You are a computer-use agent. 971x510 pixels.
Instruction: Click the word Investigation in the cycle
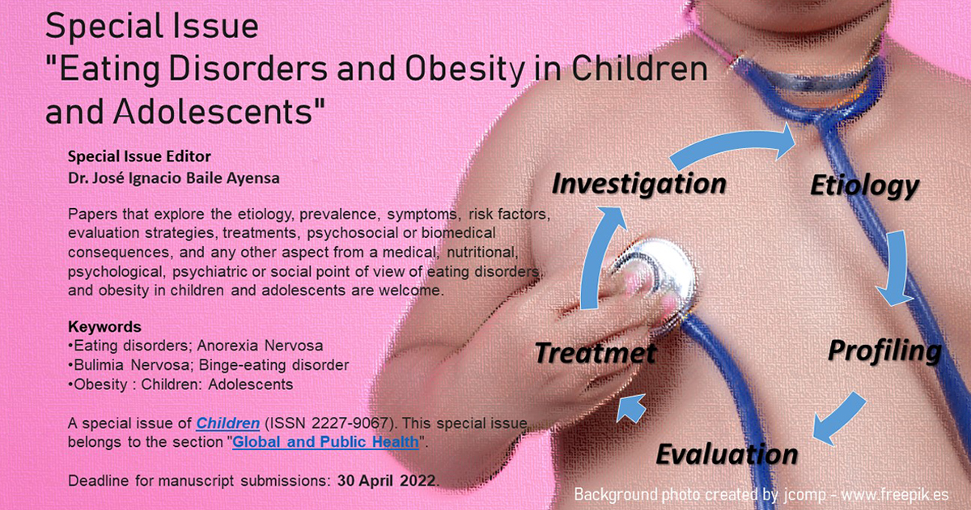[638, 185]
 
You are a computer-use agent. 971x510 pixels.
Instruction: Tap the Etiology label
[863, 186]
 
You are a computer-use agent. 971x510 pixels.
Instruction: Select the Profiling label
[884, 351]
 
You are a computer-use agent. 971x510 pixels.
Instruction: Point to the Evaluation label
[726, 453]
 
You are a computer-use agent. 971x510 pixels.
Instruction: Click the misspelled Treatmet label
[596, 353]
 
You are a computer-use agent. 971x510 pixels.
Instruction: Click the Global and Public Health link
[326, 442]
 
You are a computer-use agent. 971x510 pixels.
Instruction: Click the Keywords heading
[104, 327]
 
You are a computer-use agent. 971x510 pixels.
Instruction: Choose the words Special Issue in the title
[152, 28]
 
